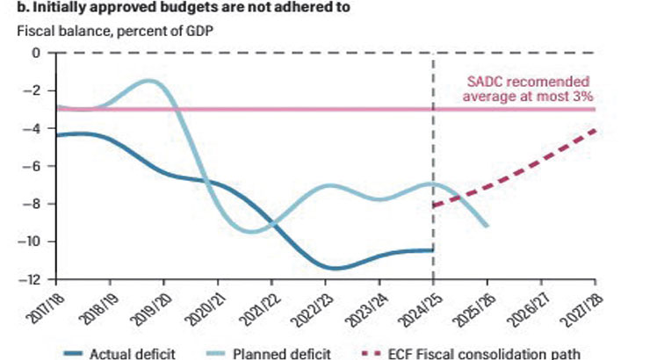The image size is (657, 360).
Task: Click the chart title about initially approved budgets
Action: tap(176, 8)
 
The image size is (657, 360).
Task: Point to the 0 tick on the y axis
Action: tap(36, 53)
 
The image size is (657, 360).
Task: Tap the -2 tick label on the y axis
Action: tap(32, 90)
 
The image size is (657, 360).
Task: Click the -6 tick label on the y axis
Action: tap(32, 166)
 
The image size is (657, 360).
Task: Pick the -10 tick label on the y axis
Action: tap(30, 242)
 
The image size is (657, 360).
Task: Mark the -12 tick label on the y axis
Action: tap(30, 280)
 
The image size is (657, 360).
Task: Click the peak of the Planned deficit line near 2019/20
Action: tap(152, 81)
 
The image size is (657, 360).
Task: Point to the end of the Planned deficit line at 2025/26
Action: tap(487, 226)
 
